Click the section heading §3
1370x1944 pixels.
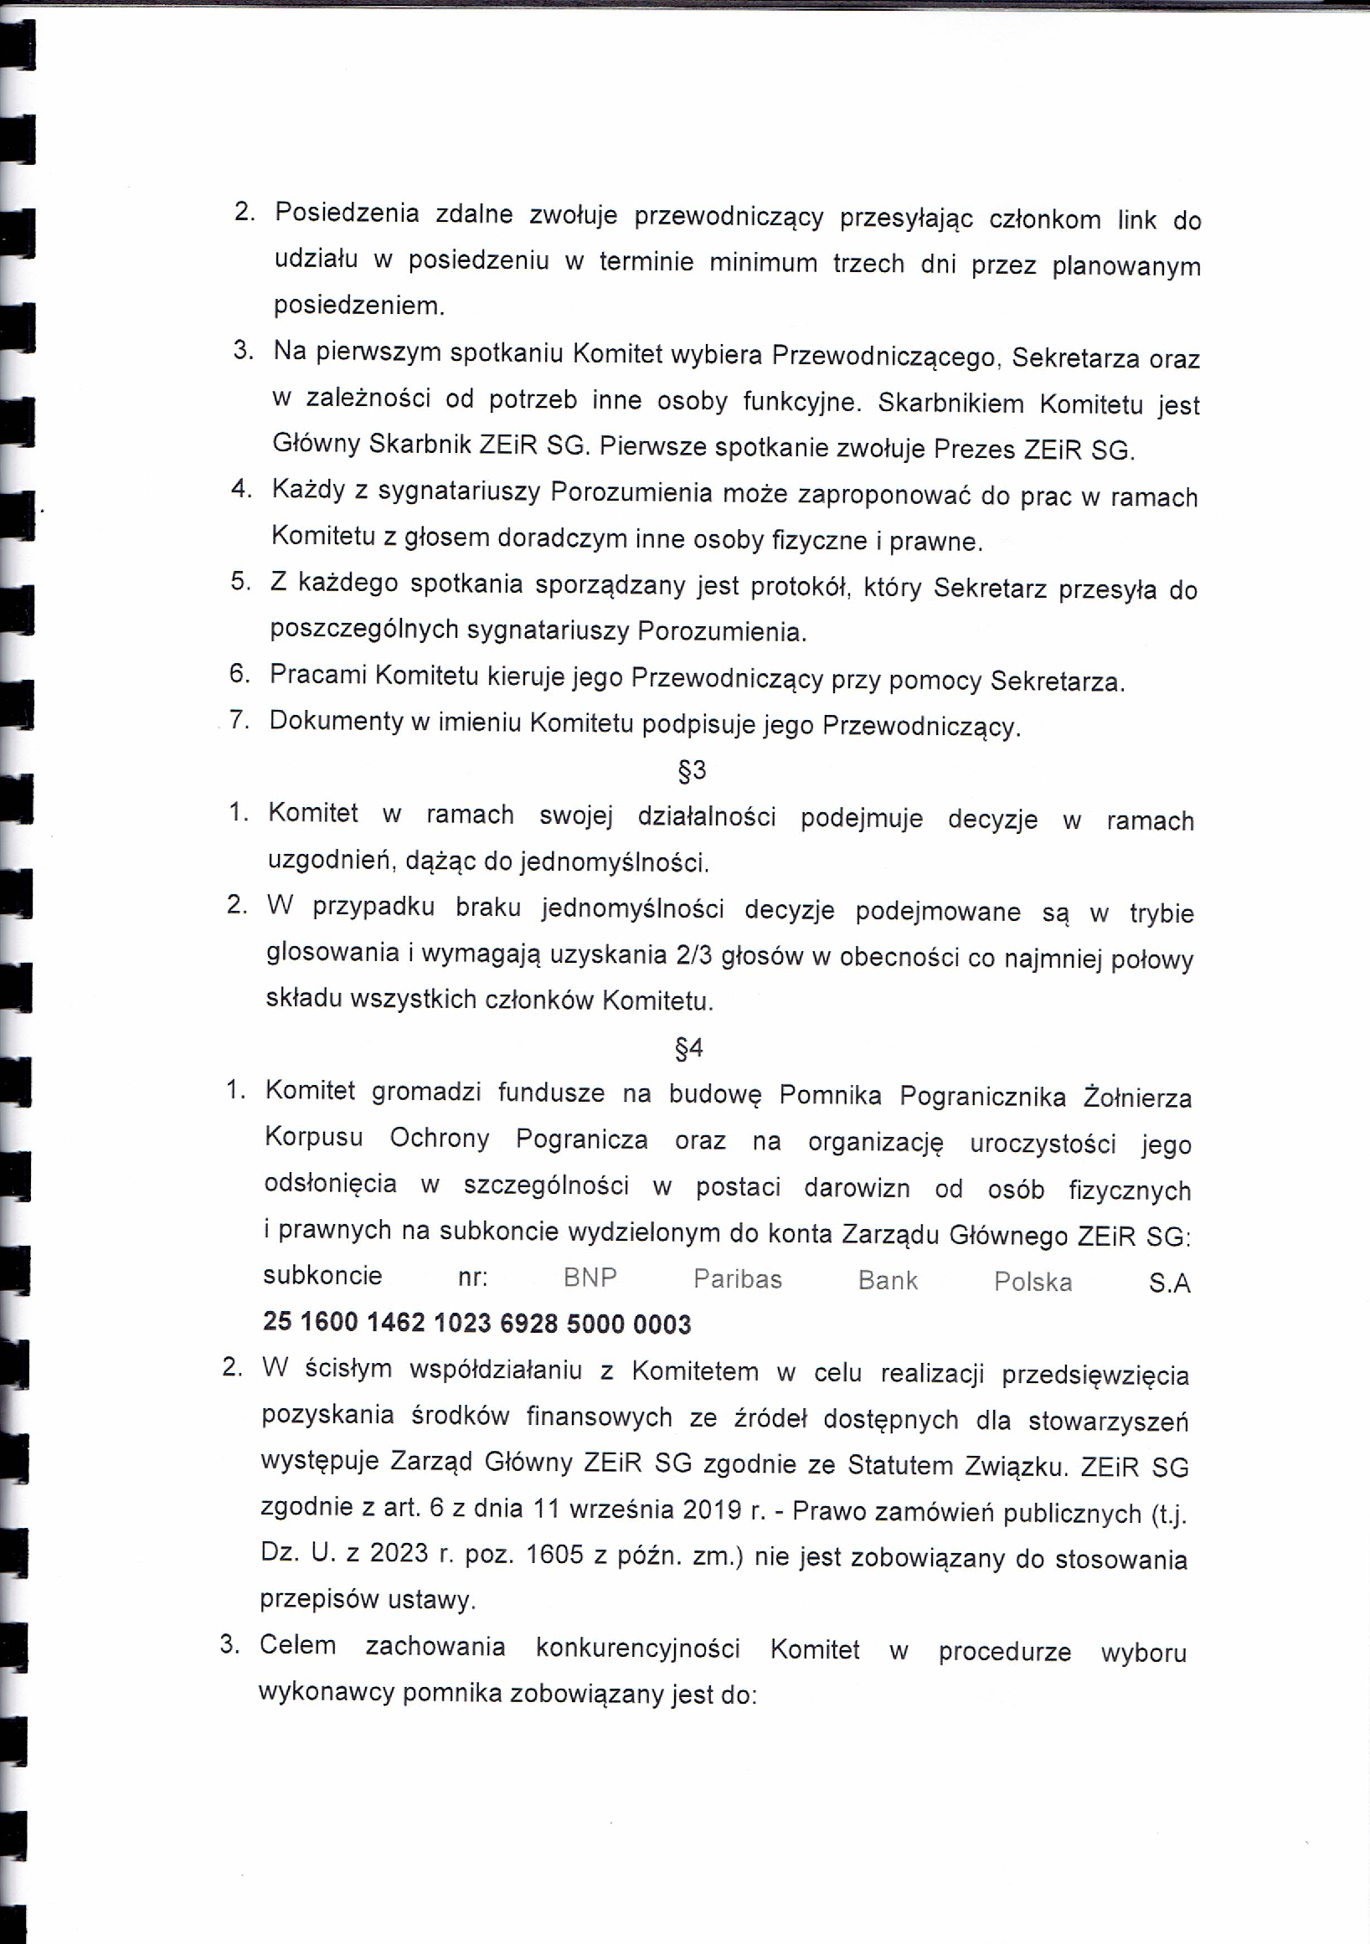[692, 770]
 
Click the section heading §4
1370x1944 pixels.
[688, 1049]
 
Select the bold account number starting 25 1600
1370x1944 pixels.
[476, 1323]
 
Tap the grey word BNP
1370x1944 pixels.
[590, 1278]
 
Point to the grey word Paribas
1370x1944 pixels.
[738, 1278]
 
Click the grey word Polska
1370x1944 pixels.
[1033, 1282]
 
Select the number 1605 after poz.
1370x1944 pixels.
[554, 1554]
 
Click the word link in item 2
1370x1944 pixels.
[1136, 220]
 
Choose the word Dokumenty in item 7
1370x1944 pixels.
[336, 722]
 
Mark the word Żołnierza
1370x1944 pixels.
[1137, 1098]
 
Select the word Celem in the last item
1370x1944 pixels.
[297, 1645]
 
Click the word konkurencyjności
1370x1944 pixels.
[637, 1648]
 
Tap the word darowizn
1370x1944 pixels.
[857, 1188]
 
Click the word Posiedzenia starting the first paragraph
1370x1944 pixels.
[348, 213]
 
